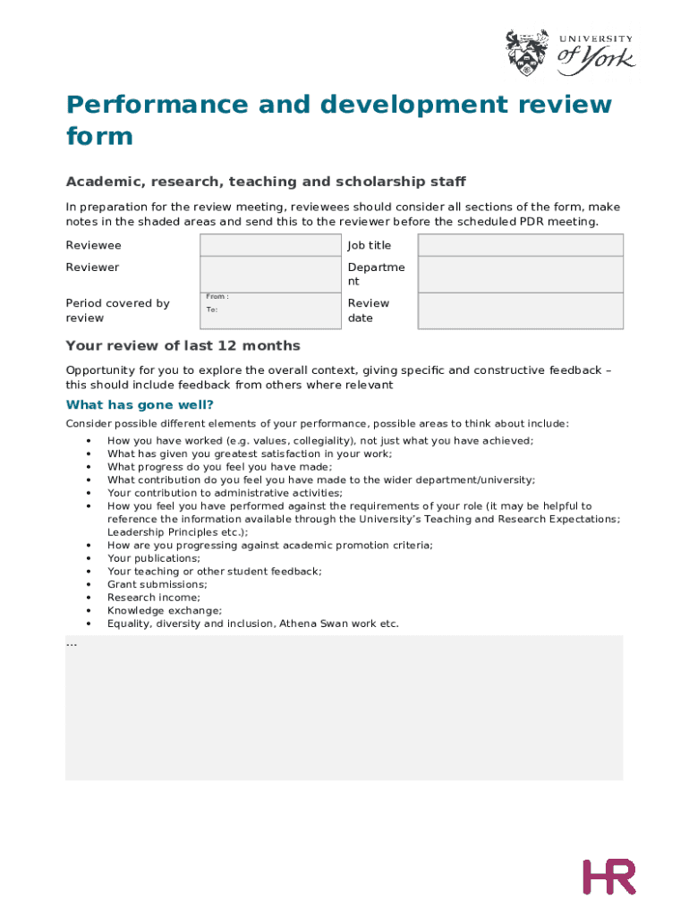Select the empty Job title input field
521,245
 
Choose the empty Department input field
521,274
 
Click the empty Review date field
521,310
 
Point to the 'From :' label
217,296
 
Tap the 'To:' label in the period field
212,310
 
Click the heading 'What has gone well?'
140,405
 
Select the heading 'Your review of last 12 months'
183,345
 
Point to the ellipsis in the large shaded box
72,644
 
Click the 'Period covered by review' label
117,310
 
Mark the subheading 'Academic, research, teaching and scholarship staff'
266,182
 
